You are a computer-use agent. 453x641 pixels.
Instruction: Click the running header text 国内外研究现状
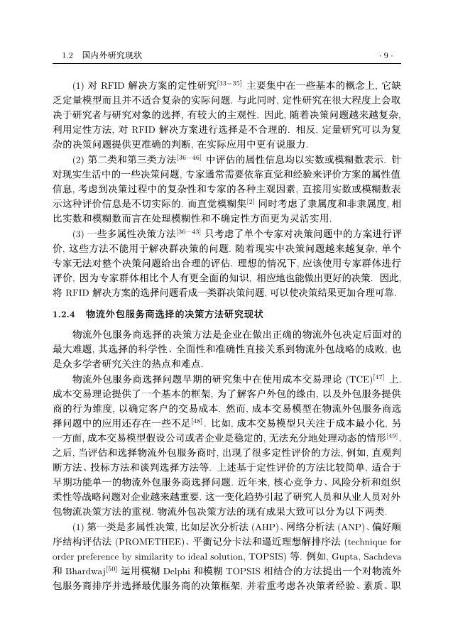pos(112,55)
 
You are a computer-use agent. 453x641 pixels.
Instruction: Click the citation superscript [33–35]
pos(229,83)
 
